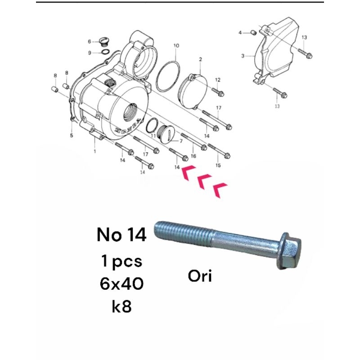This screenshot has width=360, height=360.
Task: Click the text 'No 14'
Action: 121,235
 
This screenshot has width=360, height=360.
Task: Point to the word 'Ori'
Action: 200,274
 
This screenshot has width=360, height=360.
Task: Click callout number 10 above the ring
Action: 176,46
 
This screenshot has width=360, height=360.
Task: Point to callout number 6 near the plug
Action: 90,41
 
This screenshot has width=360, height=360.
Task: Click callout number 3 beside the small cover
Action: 243,56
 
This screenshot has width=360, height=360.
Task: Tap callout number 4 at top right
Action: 240,32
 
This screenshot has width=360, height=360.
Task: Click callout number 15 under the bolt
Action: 218,166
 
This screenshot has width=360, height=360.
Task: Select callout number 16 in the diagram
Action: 193,156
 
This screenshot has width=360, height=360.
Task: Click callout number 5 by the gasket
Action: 71,135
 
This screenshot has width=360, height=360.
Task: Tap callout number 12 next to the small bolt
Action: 217,80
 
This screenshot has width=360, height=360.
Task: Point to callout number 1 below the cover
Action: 94,152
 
